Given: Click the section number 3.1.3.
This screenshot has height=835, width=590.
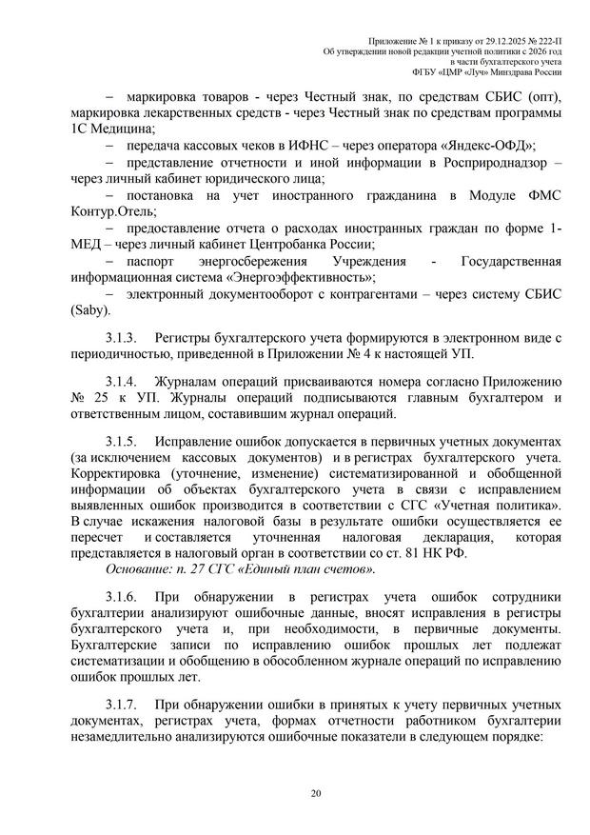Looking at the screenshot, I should click(x=122, y=339).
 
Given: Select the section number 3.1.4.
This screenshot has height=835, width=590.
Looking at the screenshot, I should click(x=122, y=382).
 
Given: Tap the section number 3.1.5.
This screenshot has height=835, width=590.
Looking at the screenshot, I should click(x=122, y=445).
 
